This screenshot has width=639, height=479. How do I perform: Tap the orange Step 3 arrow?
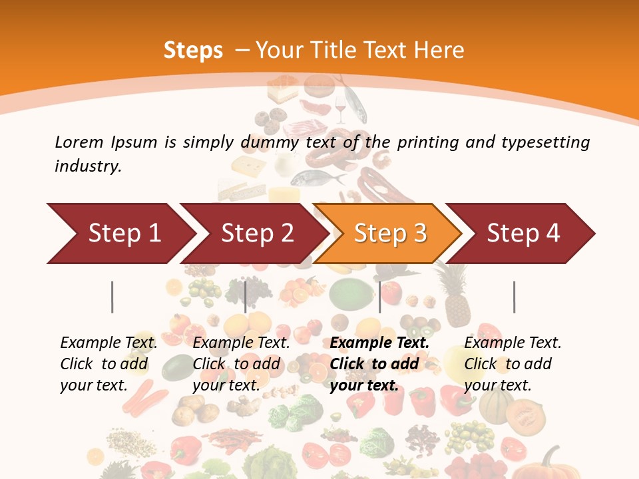[389, 234]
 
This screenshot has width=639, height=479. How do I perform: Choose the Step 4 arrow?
[523, 234]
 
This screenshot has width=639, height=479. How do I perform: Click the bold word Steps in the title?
[193, 50]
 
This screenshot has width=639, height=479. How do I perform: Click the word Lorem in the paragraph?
[79, 142]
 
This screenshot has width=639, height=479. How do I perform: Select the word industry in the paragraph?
[88, 166]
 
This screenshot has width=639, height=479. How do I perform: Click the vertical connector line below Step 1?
[112, 297]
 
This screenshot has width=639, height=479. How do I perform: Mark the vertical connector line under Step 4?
[514, 297]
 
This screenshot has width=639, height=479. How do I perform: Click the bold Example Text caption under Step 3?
[379, 364]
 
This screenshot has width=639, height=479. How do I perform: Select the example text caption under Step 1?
[108, 364]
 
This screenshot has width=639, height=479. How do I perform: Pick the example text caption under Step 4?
[513, 364]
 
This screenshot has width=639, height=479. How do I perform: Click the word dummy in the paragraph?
[273, 142]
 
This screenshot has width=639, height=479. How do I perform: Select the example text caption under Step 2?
[241, 364]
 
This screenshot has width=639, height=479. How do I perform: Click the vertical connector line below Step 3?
[379, 297]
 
